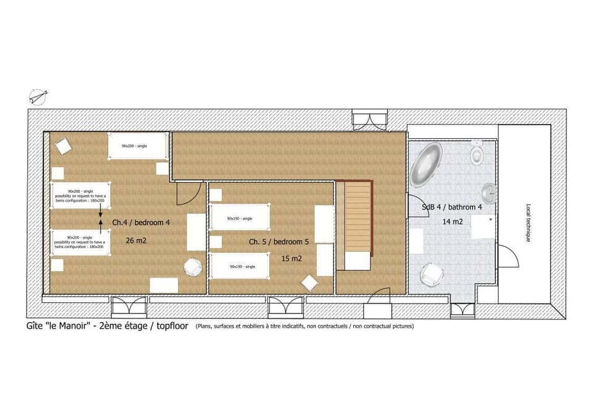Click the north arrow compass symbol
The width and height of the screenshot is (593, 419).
(x=37, y=96)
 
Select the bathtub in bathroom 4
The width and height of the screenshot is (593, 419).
(x=426, y=165)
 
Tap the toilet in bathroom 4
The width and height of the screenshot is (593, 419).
(x=476, y=152)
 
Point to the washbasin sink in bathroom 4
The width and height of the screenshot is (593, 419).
(x=489, y=193)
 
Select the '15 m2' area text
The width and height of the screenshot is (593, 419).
(x=291, y=259)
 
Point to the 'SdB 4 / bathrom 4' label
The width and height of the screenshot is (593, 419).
(x=452, y=207)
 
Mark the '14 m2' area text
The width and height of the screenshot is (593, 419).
(x=452, y=222)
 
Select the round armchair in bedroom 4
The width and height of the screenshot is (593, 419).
(x=193, y=267)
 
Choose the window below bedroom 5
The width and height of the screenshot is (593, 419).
(x=285, y=307)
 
